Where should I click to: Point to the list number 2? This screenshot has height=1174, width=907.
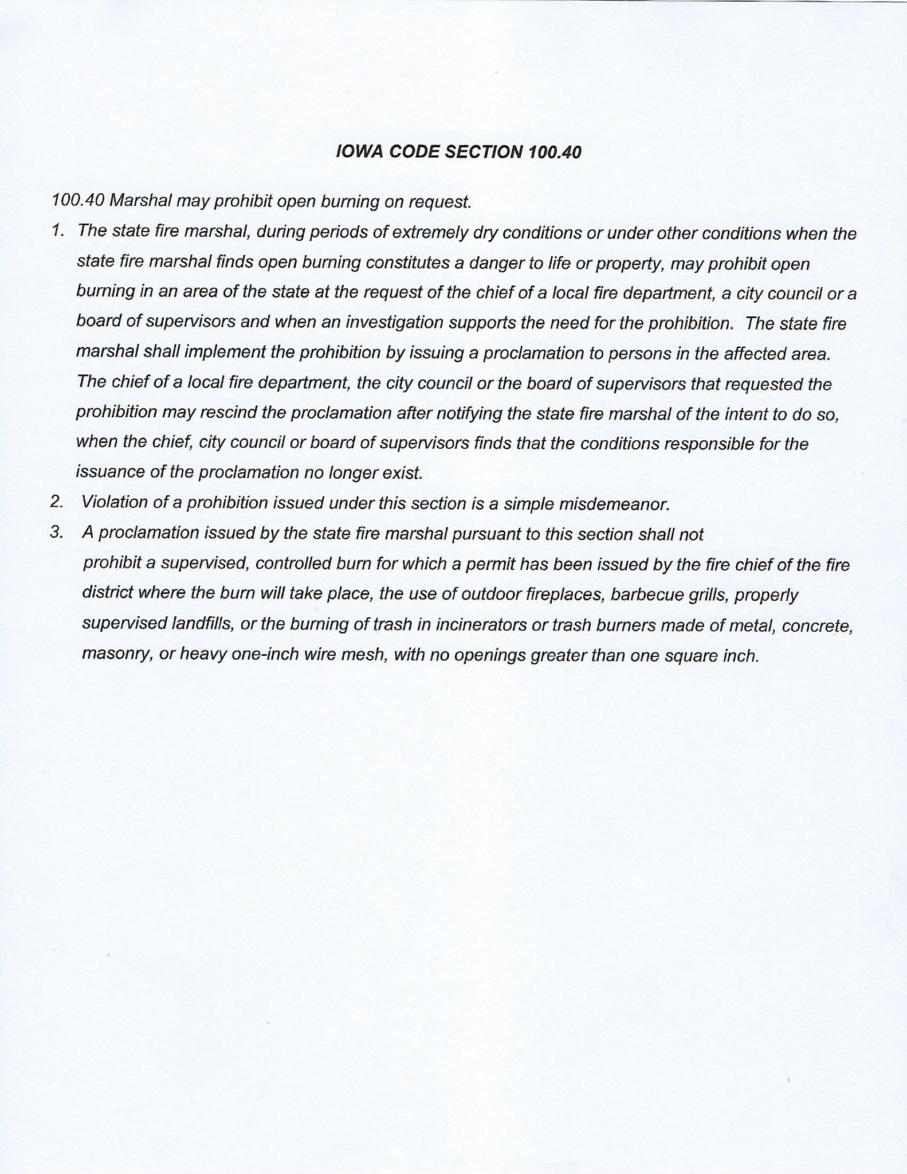coord(56,502)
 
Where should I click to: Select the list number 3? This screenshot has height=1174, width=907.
coord(56,533)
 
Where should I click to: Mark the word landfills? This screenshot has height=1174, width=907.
coord(203,624)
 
